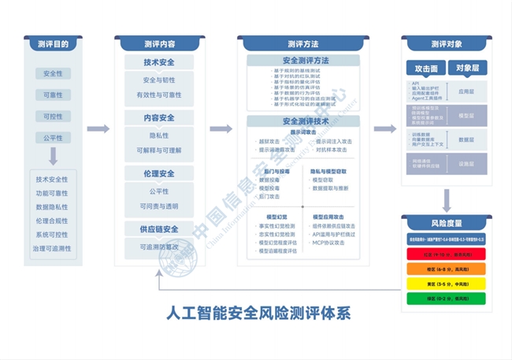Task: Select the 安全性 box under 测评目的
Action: pos(53,74)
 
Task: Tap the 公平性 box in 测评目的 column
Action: pos(53,138)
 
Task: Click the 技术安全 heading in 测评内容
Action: pos(159,63)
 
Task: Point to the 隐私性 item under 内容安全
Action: pos(159,135)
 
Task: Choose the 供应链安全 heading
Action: pos(159,229)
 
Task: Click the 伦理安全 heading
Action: pos(159,173)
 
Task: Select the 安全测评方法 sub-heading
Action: pos(304,61)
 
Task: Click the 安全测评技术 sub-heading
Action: pos(304,121)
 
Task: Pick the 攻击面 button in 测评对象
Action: pos(426,69)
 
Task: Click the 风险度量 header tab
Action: pos(446,223)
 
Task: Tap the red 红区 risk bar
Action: pos(446,255)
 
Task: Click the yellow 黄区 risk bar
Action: pos(446,284)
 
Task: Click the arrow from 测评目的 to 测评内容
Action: pos(98,128)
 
